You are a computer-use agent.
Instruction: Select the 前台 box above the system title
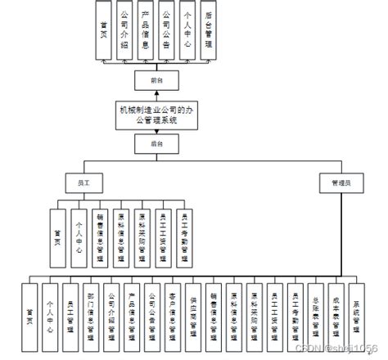(156, 80)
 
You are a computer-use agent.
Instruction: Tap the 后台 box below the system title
(156, 144)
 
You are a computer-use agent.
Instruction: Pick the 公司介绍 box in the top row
(124, 32)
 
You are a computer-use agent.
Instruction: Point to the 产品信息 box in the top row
(146, 32)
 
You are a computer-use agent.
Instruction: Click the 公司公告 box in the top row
(167, 32)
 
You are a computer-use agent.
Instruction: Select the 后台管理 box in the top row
(210, 32)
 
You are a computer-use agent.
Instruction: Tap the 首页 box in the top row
(103, 32)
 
